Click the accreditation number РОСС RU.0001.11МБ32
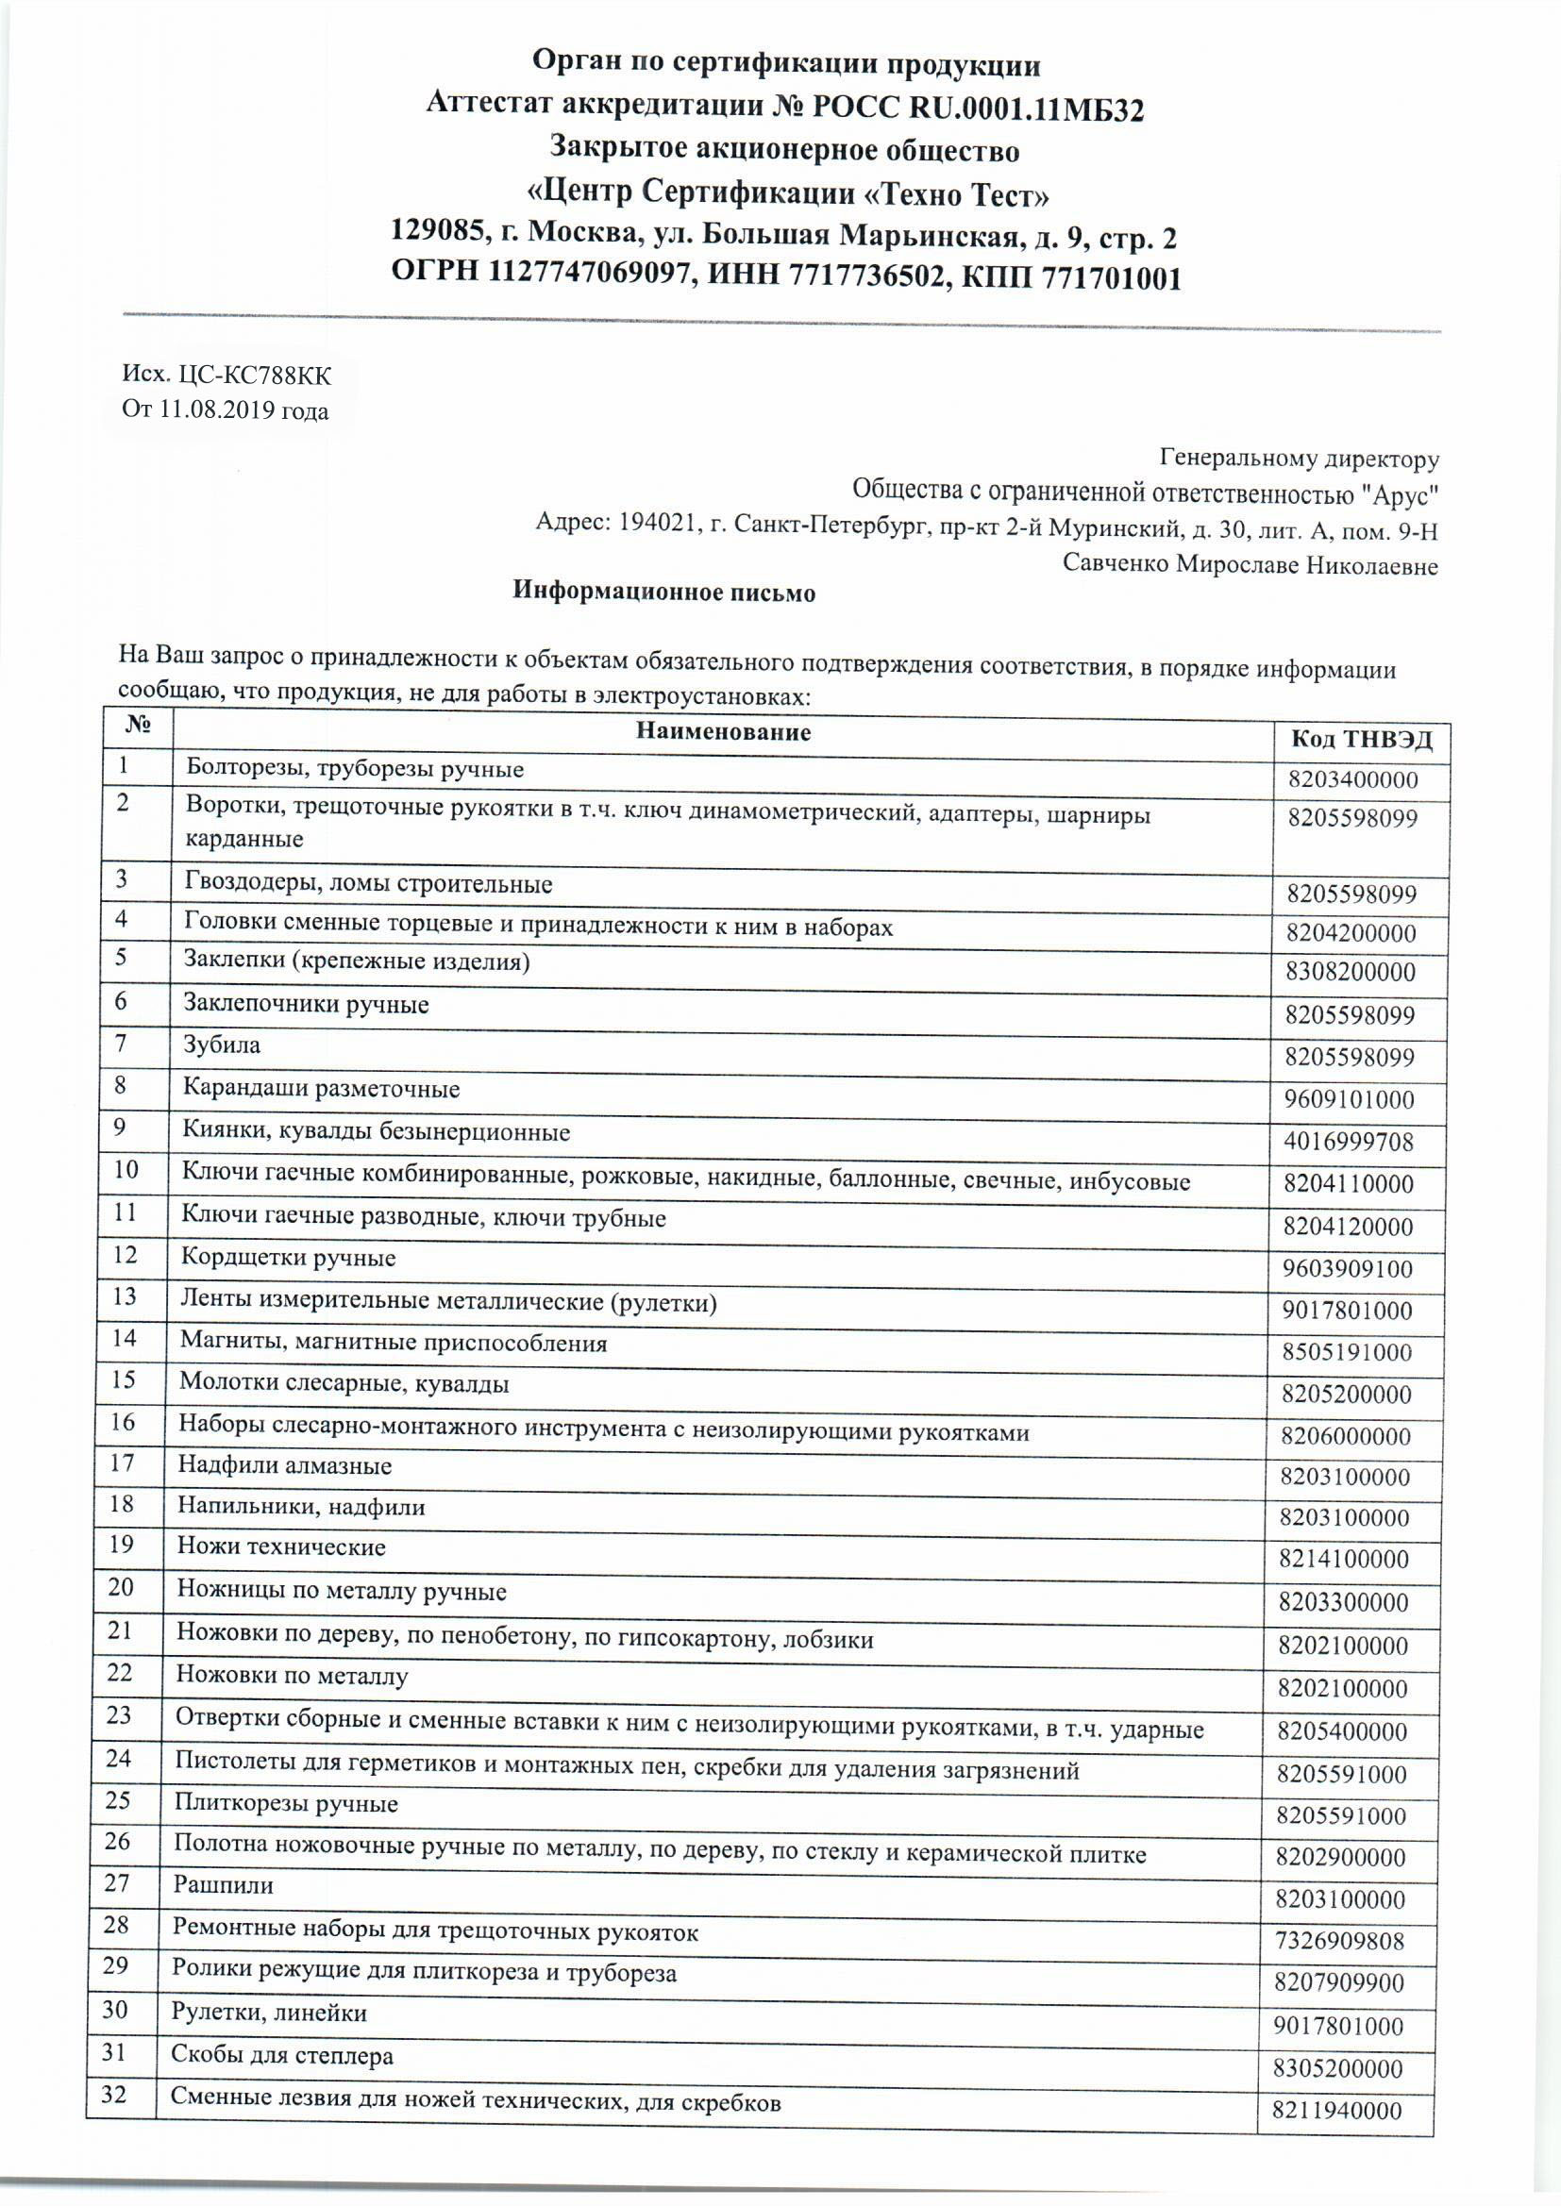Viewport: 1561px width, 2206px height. [979, 109]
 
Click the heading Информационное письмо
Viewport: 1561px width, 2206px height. [663, 592]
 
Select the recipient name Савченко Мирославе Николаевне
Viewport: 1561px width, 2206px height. [1250, 565]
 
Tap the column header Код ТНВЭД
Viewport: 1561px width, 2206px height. [1361, 739]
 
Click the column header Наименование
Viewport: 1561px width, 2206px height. [723, 732]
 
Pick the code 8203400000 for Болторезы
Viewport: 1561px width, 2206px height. [1353, 780]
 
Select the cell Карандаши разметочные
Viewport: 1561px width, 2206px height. [322, 1089]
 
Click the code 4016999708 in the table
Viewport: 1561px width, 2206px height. [1350, 1143]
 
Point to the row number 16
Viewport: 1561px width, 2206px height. [123, 1422]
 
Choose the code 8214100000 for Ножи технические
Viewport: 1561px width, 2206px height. [1345, 1560]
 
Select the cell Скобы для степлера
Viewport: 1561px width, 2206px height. [282, 2051]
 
